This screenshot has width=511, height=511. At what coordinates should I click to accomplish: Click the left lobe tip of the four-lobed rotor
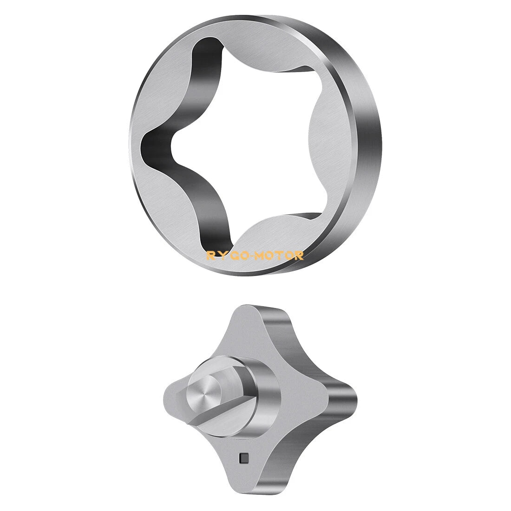coord(167,396)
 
